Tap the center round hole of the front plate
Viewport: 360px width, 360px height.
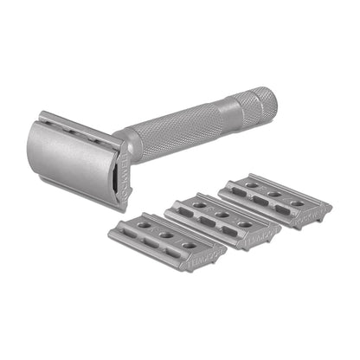click(x=166, y=234)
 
